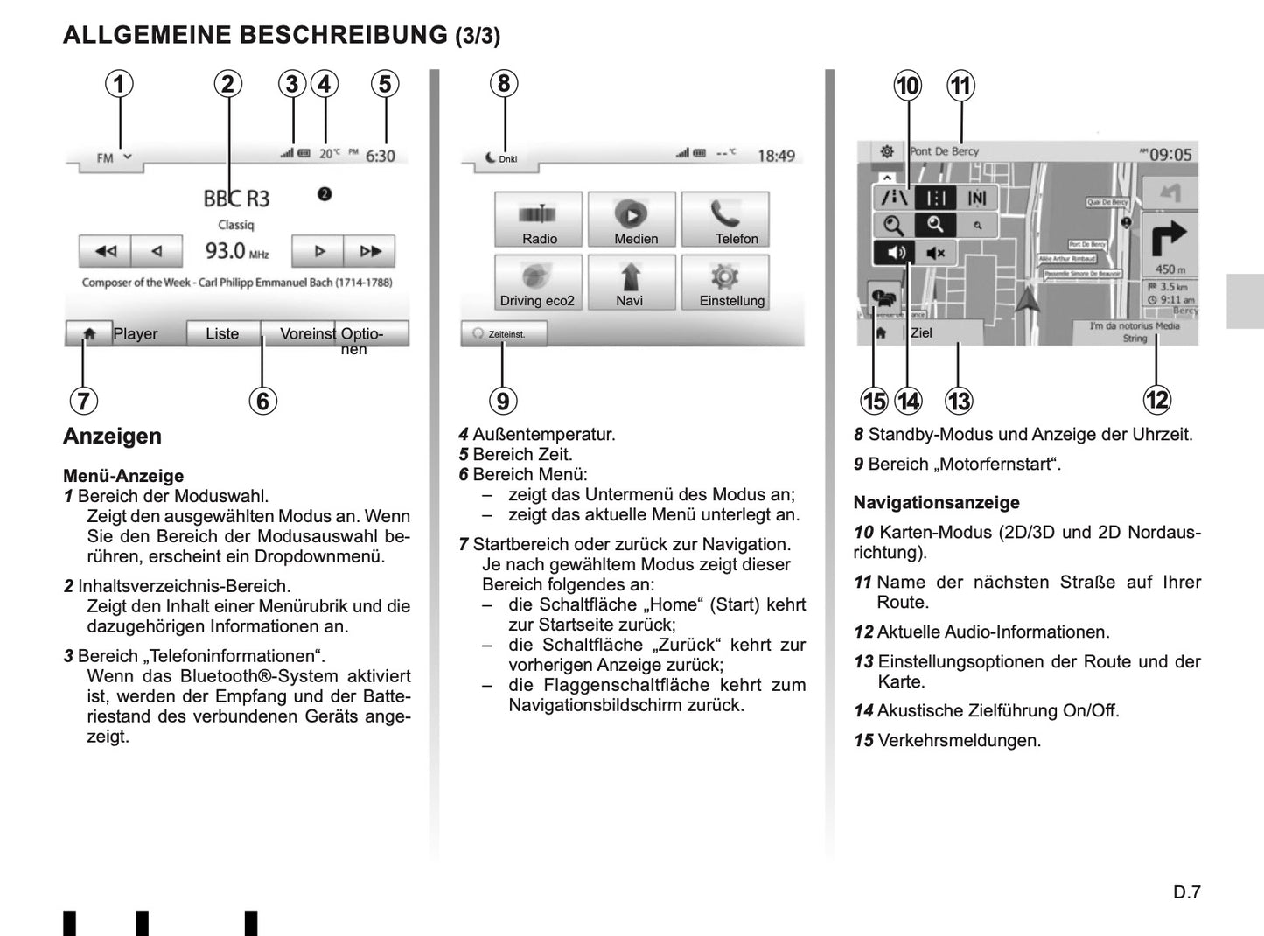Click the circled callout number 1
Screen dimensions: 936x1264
point(120,84)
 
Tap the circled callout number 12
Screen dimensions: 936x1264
point(1156,400)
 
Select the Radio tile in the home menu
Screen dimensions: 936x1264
point(539,220)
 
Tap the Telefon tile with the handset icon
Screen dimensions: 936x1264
point(725,220)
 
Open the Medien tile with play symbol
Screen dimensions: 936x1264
point(632,220)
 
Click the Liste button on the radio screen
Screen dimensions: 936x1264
point(222,334)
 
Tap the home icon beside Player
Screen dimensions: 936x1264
point(88,334)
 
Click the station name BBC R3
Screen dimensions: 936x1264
point(236,199)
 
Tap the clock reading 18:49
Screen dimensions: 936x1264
point(776,157)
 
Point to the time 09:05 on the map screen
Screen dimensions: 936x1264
point(1170,155)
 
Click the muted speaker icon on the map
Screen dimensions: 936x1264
point(935,254)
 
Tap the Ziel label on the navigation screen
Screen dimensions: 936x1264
point(921,333)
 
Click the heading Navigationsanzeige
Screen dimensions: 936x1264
point(936,503)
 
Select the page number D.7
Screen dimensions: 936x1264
point(1187,892)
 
